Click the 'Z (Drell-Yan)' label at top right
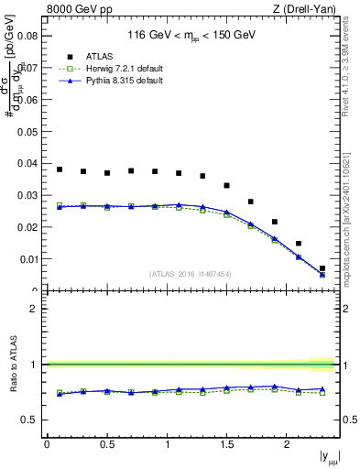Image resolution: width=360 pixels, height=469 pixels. click(x=310, y=10)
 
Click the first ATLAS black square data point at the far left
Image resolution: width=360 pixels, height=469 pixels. click(x=60, y=169)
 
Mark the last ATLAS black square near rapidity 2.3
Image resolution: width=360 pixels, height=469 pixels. click(x=322, y=268)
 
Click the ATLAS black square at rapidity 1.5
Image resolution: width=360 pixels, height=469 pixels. click(x=226, y=185)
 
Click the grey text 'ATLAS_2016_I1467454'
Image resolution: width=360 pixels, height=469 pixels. click(x=191, y=273)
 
